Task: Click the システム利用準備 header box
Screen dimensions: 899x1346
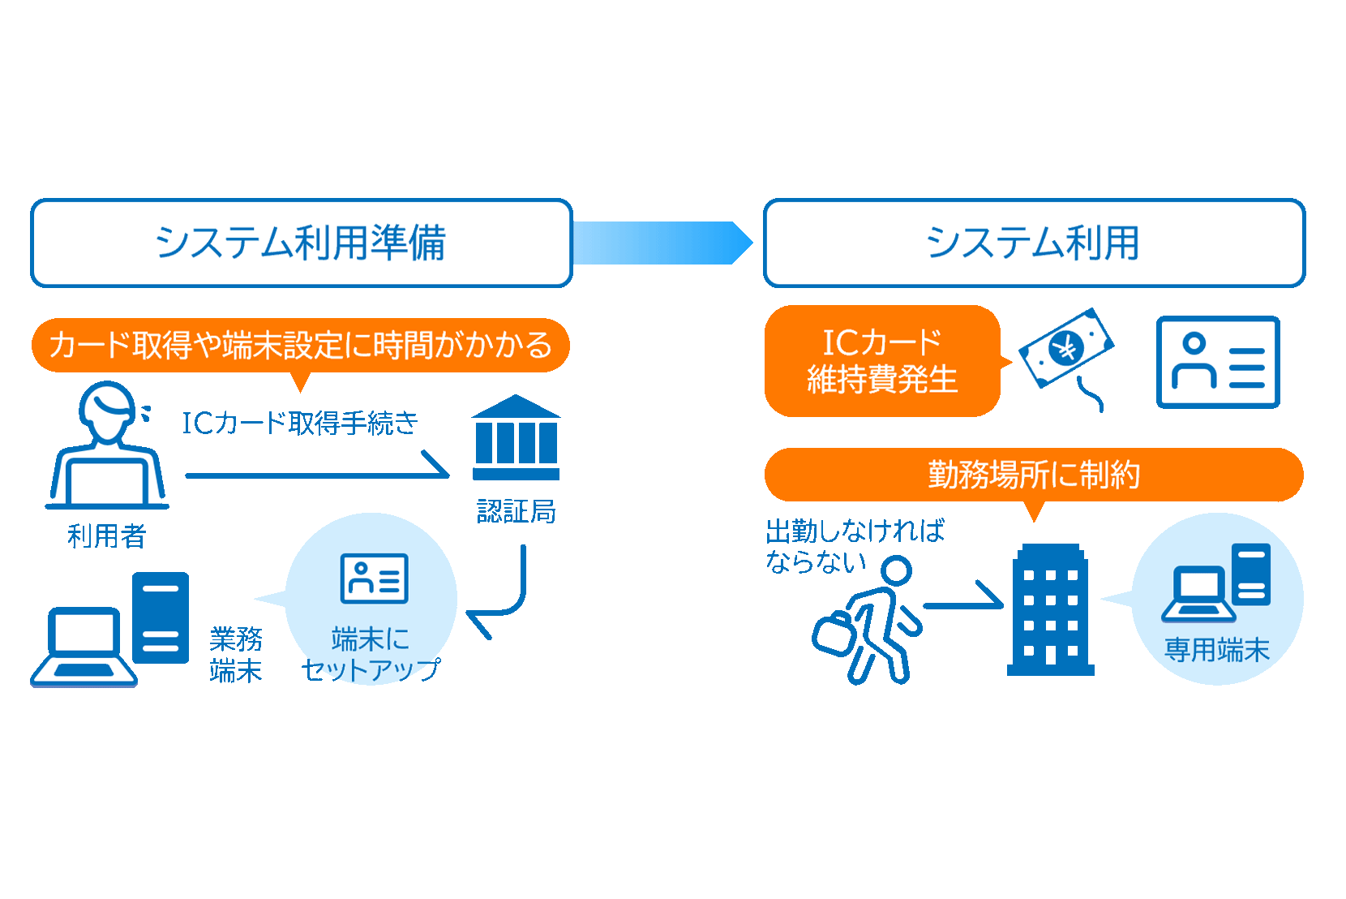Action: pos(301,243)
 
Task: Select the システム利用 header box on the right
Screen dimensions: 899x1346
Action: pos(1034,243)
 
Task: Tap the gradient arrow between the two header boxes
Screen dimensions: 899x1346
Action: pos(662,243)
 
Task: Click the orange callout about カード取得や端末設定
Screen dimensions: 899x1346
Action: pos(300,346)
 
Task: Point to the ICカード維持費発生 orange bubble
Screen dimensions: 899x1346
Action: pos(882,361)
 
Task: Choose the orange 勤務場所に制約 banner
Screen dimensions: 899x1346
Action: pos(1033,475)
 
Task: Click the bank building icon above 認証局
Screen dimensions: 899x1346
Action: pos(516,438)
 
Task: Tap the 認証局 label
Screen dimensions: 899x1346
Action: pos(516,511)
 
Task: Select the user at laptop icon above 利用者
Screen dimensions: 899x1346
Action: pos(107,446)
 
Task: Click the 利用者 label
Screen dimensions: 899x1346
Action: pos(106,536)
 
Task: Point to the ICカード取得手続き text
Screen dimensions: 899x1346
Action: pos(299,423)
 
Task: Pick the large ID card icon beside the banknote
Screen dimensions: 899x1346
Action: pos(1217,362)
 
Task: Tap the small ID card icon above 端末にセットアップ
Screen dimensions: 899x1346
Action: pos(374,579)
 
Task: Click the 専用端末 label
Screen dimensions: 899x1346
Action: pos(1216,649)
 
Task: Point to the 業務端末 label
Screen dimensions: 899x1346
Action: pos(235,654)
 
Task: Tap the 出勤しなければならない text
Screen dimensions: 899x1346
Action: pos(854,545)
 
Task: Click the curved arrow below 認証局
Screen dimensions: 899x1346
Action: pos(503,596)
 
